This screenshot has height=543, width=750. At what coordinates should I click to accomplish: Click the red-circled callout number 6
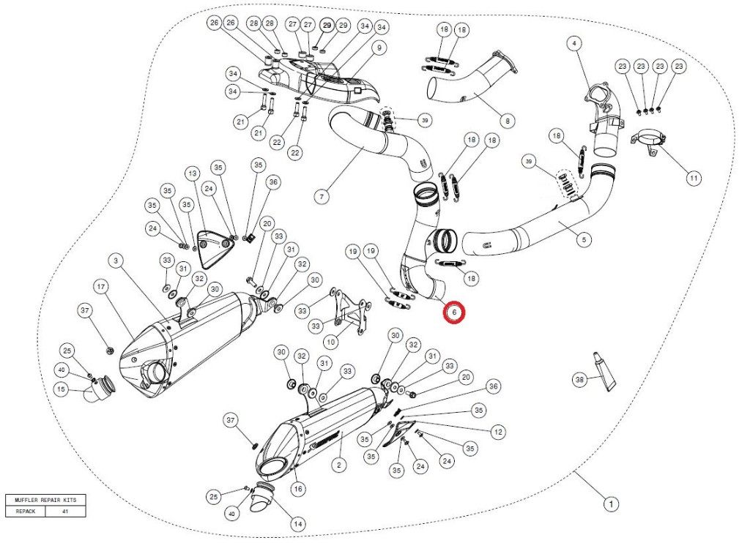coord(454,313)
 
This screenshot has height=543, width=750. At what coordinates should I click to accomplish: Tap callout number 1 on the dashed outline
coord(608,503)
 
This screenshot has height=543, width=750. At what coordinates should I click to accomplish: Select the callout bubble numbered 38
coord(580,379)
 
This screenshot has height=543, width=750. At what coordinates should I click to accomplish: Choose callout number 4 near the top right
coord(574,44)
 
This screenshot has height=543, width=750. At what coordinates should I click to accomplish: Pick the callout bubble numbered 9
coord(379,48)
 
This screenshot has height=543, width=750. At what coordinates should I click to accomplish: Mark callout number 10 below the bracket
coord(330,342)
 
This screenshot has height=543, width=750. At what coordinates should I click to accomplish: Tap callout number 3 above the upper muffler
coord(116,261)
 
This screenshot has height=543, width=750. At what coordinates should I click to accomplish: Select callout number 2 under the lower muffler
coord(338,464)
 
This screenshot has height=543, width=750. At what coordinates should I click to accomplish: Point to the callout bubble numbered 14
coord(298,524)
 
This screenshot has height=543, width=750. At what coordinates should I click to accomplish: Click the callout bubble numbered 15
coord(63,390)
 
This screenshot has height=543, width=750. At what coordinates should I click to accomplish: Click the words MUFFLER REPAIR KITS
coord(45,500)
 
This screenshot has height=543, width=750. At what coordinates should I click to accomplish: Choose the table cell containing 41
coord(65,512)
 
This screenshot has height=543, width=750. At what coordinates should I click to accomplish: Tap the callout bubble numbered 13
coord(192,173)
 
